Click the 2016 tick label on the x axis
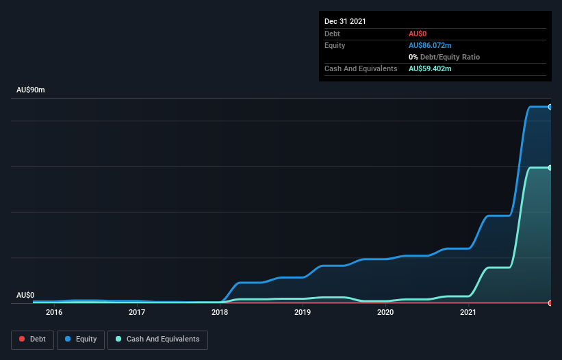pyautogui.click(x=54, y=313)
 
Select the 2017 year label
pyautogui.click(x=137, y=313)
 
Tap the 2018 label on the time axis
pyautogui.click(x=220, y=313)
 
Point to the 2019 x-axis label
pyautogui.click(x=303, y=313)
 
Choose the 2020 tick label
pyautogui.click(x=385, y=313)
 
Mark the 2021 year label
pyautogui.click(x=468, y=313)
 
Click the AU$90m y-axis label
pyautogui.click(x=30, y=90)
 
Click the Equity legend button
pyautogui.click(x=81, y=339)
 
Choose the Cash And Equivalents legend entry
pyautogui.click(x=157, y=339)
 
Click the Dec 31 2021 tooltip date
pyautogui.click(x=345, y=21)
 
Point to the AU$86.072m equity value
pyautogui.click(x=430, y=45)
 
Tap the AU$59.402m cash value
pyautogui.click(x=430, y=68)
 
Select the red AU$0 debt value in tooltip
pyautogui.click(x=418, y=34)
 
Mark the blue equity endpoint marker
pyautogui.click(x=550, y=107)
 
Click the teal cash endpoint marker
pyautogui.click(x=550, y=168)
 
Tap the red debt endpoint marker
pyautogui.click(x=550, y=303)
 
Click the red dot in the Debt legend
pyautogui.click(x=22, y=339)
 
